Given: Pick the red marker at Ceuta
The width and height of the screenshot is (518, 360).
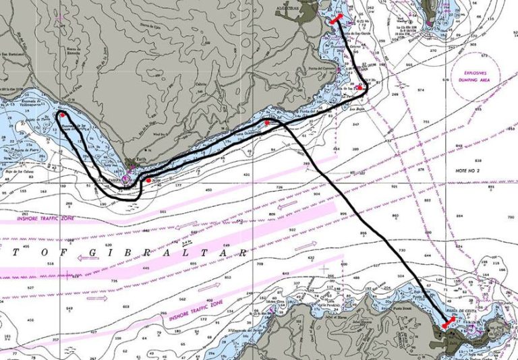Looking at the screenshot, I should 445,326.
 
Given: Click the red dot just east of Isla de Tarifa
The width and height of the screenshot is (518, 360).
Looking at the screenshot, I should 148,180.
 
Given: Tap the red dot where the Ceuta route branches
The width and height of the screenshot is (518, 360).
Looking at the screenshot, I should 268,123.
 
